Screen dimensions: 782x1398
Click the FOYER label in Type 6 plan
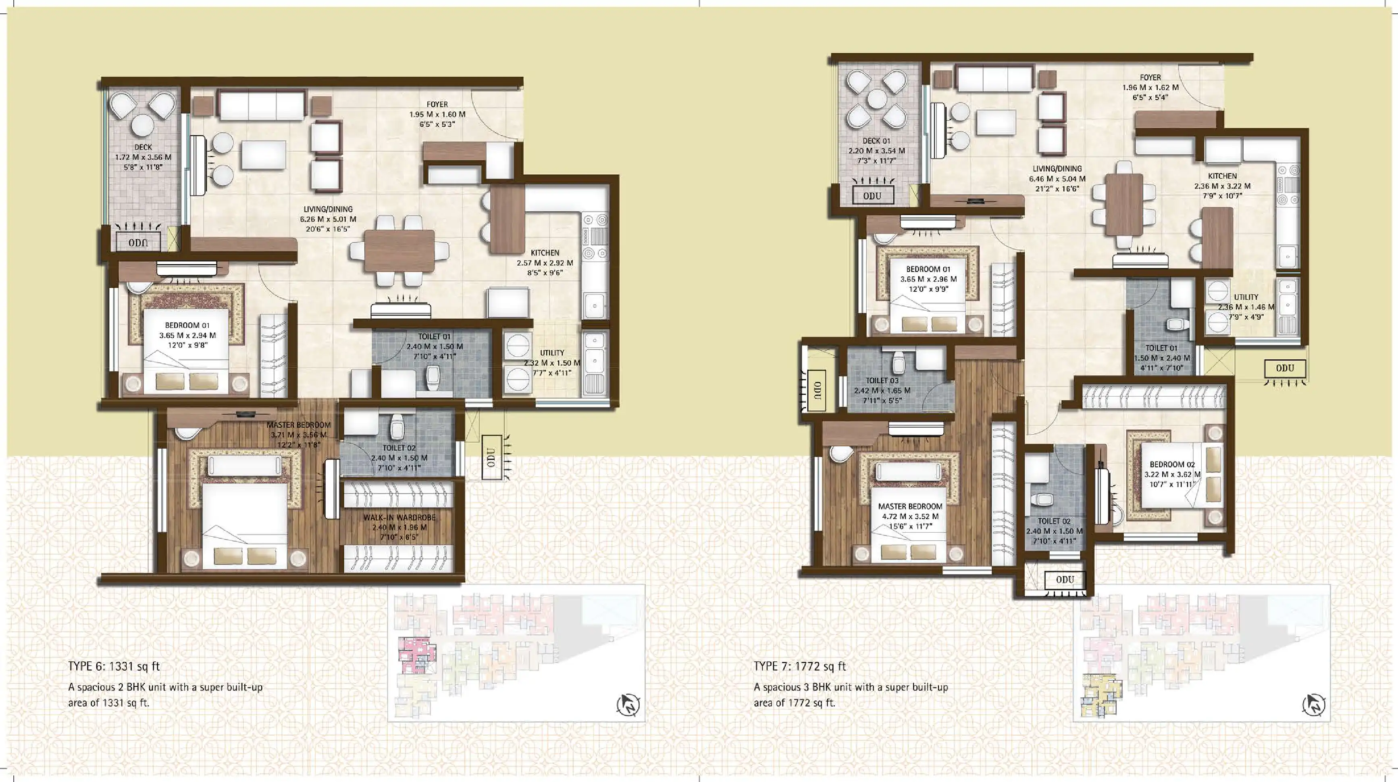tap(437, 104)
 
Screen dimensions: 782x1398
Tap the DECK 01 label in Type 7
tap(876, 141)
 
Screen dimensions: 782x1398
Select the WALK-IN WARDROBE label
tap(399, 518)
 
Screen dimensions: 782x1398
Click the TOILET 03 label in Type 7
tap(882, 381)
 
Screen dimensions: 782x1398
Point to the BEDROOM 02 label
tap(1172, 464)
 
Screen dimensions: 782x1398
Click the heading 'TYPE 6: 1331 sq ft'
tap(114, 666)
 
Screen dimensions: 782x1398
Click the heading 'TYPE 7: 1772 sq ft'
tap(799, 666)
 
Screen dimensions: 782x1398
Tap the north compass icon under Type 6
tap(628, 705)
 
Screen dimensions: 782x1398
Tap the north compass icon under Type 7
tap(1314, 705)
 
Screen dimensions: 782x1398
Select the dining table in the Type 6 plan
tap(399, 251)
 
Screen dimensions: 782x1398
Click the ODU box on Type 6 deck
tap(138, 243)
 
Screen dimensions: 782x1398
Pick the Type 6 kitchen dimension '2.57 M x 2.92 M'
tap(545, 263)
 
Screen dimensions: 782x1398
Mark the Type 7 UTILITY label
tap(1246, 297)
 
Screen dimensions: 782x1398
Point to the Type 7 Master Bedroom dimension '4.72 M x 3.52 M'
tap(910, 516)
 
